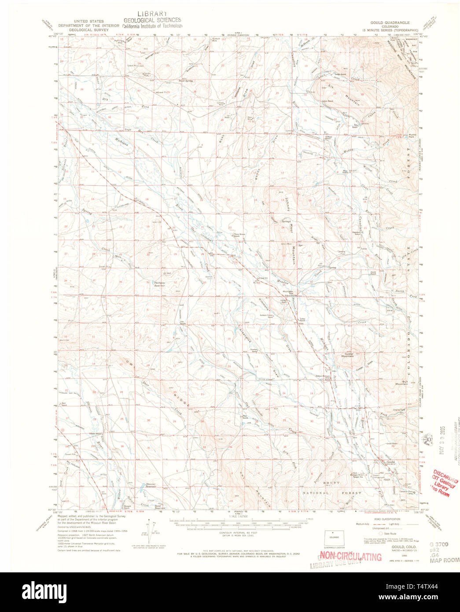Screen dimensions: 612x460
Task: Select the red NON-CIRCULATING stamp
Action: click(x=350, y=557)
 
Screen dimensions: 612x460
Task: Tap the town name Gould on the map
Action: click(x=390, y=462)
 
